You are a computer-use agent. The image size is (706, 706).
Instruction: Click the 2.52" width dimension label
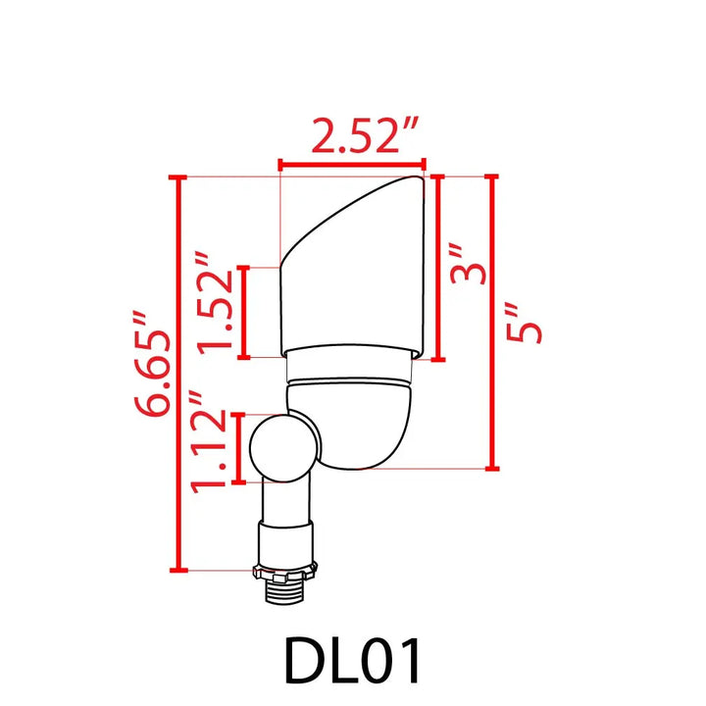[353, 137]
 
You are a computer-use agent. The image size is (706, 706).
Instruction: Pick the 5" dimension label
[526, 320]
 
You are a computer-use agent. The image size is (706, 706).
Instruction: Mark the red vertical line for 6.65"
[178, 373]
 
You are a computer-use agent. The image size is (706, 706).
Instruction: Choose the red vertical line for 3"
[437, 267]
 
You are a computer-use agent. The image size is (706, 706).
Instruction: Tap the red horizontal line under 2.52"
[352, 165]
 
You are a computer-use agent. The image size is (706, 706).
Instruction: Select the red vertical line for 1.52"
[243, 311]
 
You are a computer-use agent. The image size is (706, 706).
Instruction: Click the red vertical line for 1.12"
[240, 447]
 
